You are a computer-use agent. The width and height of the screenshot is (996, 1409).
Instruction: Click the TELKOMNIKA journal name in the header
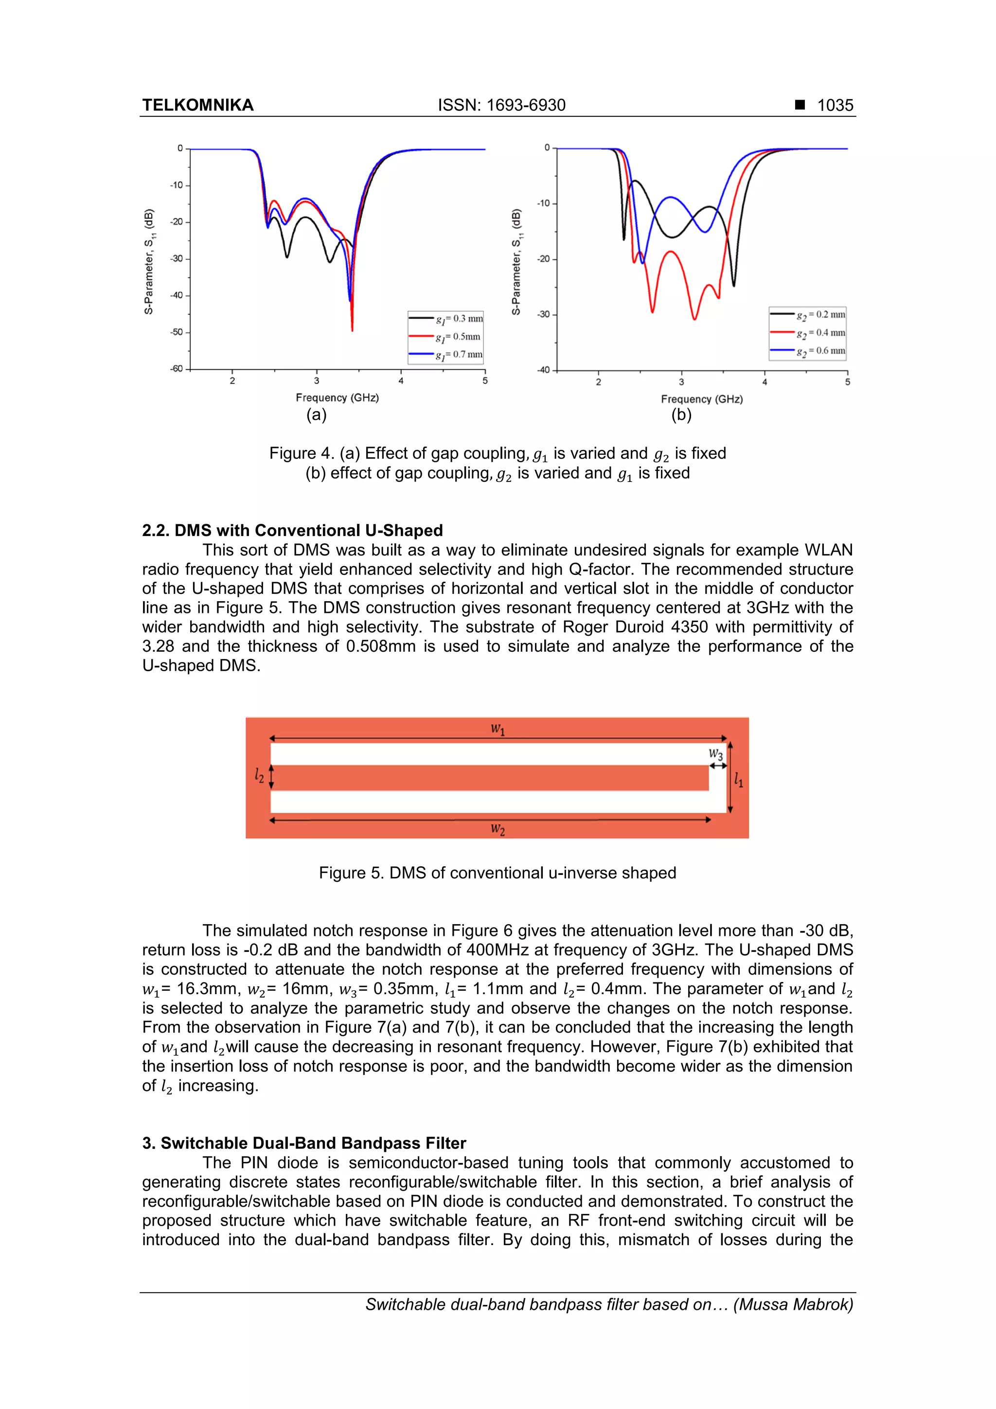pos(197,105)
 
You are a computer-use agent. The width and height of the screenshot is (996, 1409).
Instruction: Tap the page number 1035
pos(835,105)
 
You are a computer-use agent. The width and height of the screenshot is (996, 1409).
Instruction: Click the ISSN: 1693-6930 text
pos(501,105)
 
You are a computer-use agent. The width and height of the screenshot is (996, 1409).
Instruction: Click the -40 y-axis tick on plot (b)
pos(543,370)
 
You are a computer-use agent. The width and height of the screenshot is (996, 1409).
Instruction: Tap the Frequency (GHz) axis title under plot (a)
pos(337,398)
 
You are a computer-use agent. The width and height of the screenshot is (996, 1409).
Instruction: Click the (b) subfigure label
pos(681,415)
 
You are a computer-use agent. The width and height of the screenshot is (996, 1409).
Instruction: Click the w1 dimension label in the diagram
pos(498,729)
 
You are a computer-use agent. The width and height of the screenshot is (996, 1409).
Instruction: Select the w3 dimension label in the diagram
pos(715,754)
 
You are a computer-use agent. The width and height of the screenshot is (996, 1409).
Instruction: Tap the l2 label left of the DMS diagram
pos(260,776)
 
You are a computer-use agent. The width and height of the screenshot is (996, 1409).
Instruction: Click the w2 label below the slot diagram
pos(498,830)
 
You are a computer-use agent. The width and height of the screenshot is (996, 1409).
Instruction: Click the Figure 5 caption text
pos(497,873)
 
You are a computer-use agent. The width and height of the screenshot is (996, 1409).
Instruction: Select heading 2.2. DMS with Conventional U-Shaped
pos(292,530)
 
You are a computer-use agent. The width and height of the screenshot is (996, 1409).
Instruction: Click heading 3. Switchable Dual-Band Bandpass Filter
pos(304,1143)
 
